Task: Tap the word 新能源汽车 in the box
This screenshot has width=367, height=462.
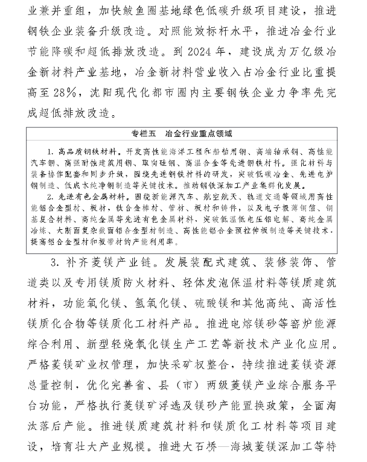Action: coord(180,196)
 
